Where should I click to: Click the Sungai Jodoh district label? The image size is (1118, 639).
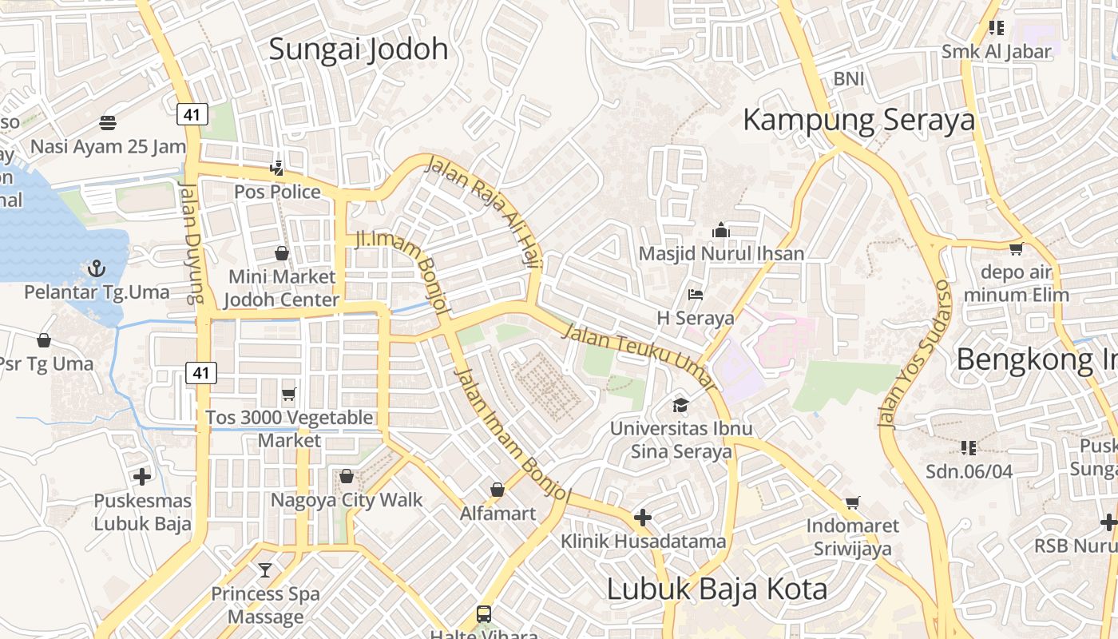359,50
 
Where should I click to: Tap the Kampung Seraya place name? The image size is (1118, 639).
859,120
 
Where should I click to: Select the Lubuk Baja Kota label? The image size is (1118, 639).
717,589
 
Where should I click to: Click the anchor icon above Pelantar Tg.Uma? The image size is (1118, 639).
97,268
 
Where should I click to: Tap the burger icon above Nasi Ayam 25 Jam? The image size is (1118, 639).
108,122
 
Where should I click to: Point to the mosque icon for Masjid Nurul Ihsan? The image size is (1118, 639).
721,230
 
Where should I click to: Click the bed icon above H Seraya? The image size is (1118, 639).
696,294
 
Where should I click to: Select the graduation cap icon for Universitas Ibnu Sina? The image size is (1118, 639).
680,405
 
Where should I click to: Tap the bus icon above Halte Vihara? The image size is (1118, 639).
484,613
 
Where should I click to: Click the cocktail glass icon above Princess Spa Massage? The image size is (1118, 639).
265,570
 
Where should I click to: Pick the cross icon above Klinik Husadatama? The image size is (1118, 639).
643,518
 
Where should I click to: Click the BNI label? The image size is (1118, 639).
849,79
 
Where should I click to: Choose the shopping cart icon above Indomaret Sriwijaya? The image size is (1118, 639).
853,502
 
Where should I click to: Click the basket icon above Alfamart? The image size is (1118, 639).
498,490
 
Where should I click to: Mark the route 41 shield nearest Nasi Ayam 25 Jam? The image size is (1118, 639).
192,114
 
